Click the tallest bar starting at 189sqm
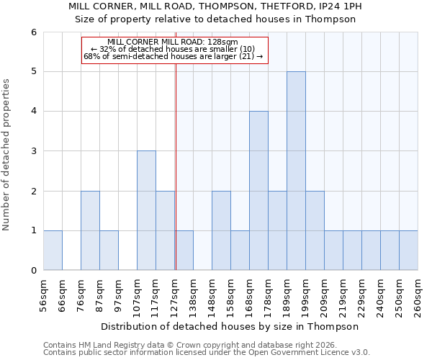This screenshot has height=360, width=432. coord(296,171)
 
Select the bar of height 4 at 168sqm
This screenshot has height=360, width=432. coord(258,191)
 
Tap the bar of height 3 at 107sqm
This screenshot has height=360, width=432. coord(146,210)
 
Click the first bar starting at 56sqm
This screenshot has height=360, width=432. coord(53,250)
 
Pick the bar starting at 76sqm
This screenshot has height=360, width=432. coord(90,230)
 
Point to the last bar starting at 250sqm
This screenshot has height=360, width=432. coord(408,250)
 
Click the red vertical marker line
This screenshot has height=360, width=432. coord(176,166)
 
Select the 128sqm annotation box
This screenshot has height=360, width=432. coord(174,50)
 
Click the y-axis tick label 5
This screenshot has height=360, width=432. coord(33,72)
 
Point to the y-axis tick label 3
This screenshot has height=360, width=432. coord(33,151)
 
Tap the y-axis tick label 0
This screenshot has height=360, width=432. coord(33,271)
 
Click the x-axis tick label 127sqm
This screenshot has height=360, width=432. coord(175,294)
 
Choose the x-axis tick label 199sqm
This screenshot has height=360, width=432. coord(305,294)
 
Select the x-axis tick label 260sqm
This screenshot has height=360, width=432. coord(418,294)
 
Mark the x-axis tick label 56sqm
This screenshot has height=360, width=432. coord(43,294)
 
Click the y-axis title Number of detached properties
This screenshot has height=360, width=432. coord(7,155)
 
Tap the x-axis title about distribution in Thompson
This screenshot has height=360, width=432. coord(230,326)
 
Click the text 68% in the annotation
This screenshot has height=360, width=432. coord(91,56)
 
